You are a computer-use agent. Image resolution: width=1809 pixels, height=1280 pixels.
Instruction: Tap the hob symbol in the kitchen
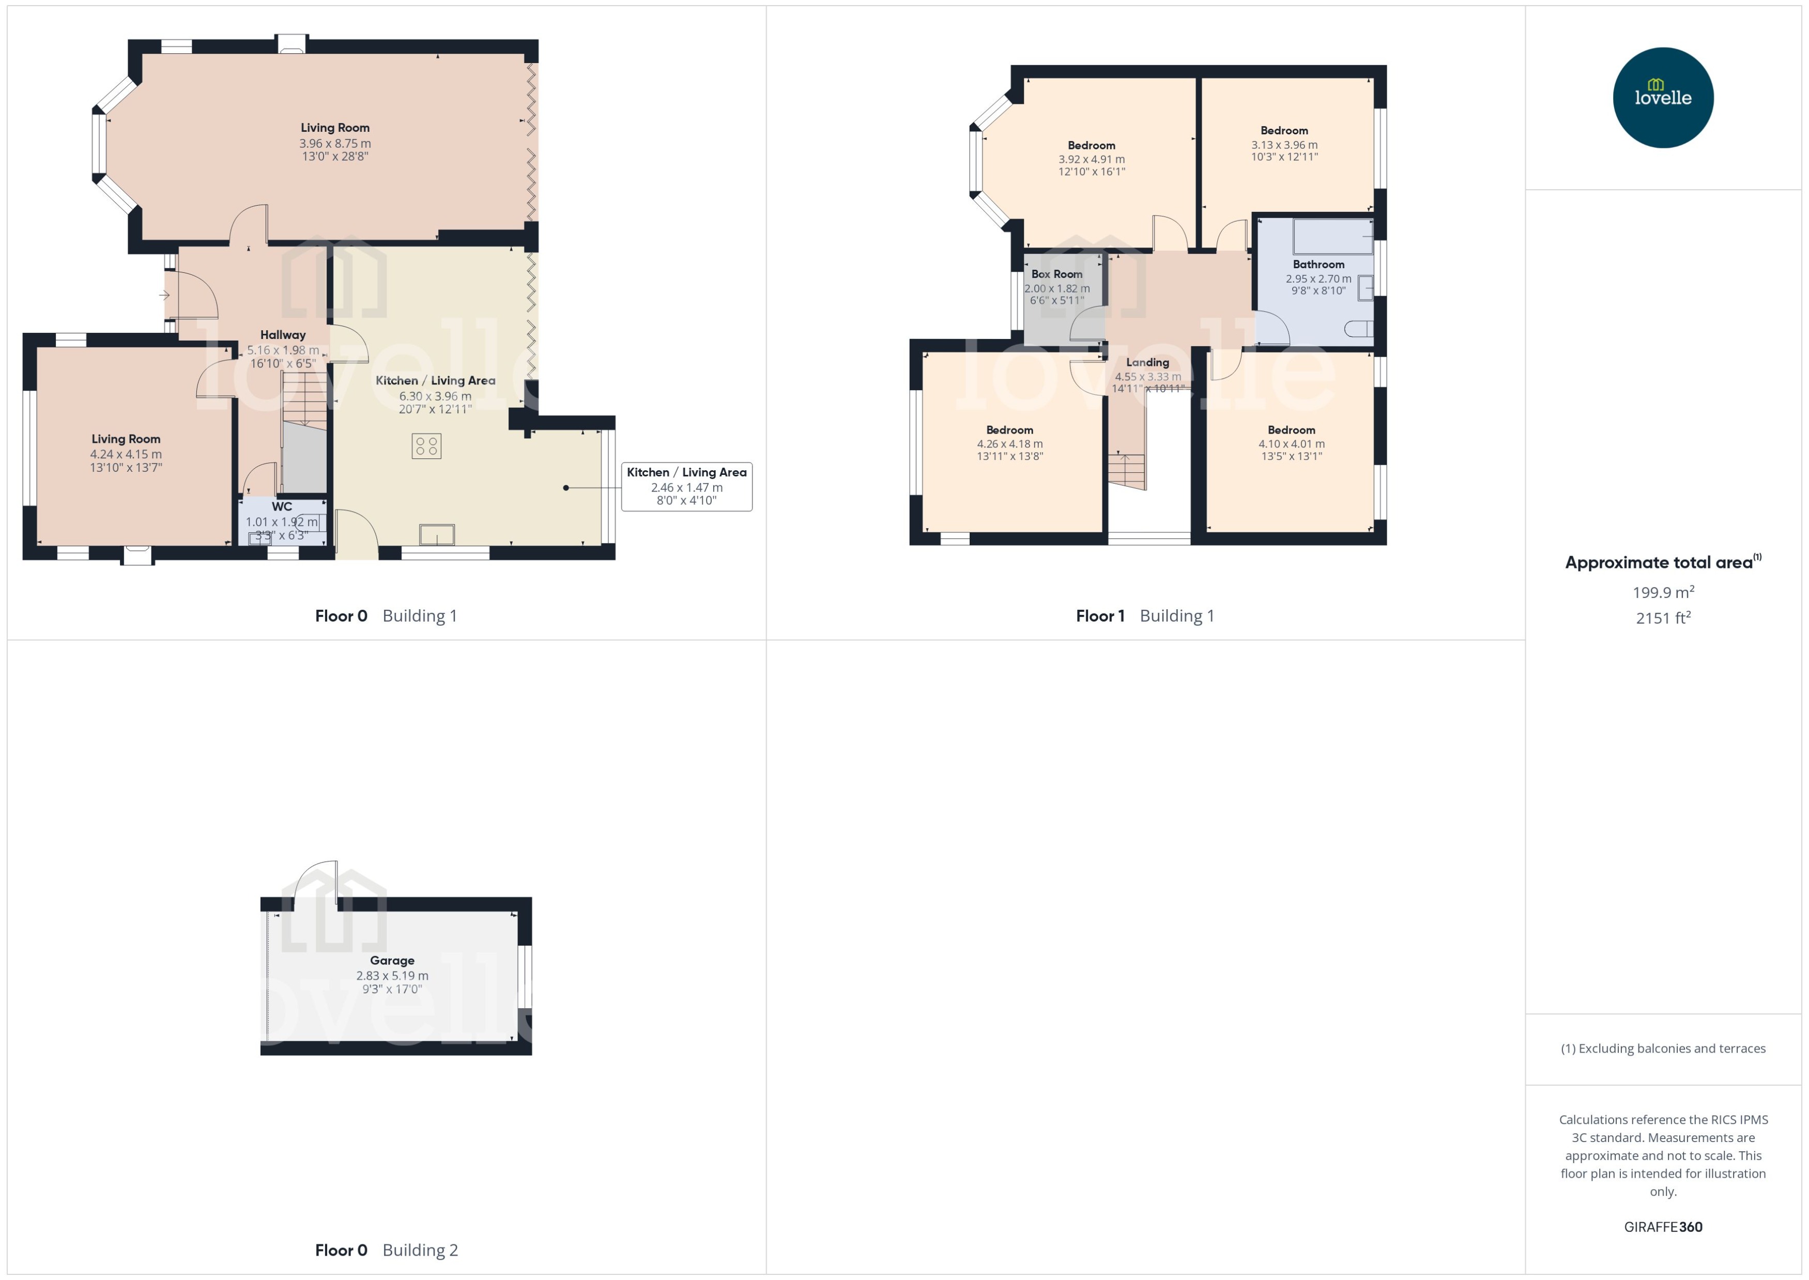pos(426,446)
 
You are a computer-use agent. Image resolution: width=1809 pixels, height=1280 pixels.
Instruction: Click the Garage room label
pos(392,960)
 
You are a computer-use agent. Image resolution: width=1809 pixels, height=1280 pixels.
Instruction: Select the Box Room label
pos(1056,273)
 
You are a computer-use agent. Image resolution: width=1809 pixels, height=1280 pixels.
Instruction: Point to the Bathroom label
pos(1318,264)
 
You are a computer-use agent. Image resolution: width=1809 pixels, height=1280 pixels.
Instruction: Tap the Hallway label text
pos(282,334)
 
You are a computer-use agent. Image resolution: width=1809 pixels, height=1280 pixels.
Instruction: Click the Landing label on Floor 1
pos(1147,362)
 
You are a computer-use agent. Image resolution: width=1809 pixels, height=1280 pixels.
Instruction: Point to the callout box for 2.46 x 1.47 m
pos(686,486)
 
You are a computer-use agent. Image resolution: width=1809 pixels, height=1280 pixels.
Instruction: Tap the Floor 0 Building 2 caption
pos(386,1250)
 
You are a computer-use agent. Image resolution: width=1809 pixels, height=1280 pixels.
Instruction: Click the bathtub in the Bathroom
pos(1332,237)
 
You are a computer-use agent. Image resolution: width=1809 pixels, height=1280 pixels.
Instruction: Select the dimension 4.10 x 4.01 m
pos(1291,444)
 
